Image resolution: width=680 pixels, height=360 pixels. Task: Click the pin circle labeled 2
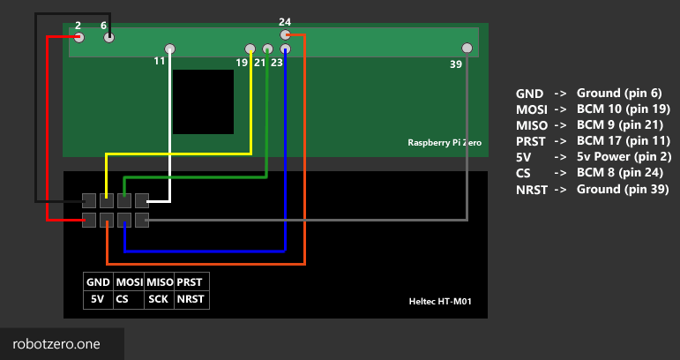click(x=79, y=37)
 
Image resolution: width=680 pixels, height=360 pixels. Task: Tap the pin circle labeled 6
click(x=108, y=37)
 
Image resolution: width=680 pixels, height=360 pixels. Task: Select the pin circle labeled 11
click(x=170, y=49)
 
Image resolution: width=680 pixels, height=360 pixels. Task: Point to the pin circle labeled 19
click(x=250, y=49)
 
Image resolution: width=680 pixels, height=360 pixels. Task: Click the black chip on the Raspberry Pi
click(x=203, y=101)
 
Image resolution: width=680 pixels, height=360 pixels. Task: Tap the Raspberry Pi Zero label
click(x=445, y=142)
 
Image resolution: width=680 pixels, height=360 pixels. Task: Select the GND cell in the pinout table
click(x=98, y=282)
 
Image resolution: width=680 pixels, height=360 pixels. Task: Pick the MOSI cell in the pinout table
click(x=129, y=282)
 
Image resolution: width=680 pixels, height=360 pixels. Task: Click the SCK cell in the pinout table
click(x=159, y=299)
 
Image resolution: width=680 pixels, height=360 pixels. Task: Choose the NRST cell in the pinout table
click(x=190, y=299)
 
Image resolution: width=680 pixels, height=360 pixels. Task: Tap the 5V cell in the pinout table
click(x=98, y=299)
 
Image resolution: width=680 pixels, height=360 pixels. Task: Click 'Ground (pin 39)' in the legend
click(x=622, y=189)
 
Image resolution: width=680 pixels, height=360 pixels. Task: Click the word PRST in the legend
click(x=531, y=141)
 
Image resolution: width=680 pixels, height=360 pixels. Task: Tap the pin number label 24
click(x=285, y=21)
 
